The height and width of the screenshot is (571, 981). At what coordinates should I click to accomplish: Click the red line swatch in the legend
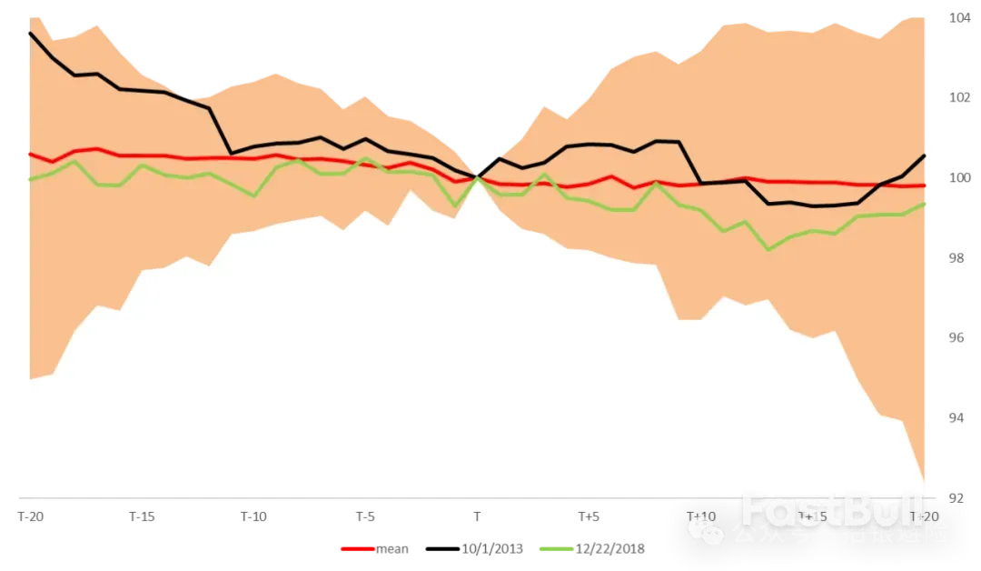355,549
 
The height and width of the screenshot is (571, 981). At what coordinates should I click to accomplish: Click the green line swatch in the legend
556,549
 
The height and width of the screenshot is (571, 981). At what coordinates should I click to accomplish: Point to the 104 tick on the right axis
959,18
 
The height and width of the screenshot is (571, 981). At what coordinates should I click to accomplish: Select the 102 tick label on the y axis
959,98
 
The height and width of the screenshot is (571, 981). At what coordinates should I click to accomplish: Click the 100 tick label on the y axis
959,178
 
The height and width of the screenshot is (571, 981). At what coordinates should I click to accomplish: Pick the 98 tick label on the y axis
957,258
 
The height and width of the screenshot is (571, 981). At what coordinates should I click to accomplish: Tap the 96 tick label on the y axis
957,338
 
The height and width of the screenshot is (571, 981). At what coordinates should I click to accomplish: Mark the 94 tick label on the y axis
957,418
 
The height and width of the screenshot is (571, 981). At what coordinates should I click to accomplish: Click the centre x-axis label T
478,517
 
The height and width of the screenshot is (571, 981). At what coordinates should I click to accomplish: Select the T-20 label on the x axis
33,517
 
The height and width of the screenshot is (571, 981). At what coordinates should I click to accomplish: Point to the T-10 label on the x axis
254,517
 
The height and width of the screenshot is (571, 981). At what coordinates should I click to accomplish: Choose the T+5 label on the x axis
589,517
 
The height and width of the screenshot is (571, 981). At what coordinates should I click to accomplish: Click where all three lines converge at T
478,177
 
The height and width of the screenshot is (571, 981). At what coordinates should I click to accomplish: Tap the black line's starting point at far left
30,33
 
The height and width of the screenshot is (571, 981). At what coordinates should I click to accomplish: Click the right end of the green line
926,203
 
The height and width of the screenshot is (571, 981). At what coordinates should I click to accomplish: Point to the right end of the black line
926,155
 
